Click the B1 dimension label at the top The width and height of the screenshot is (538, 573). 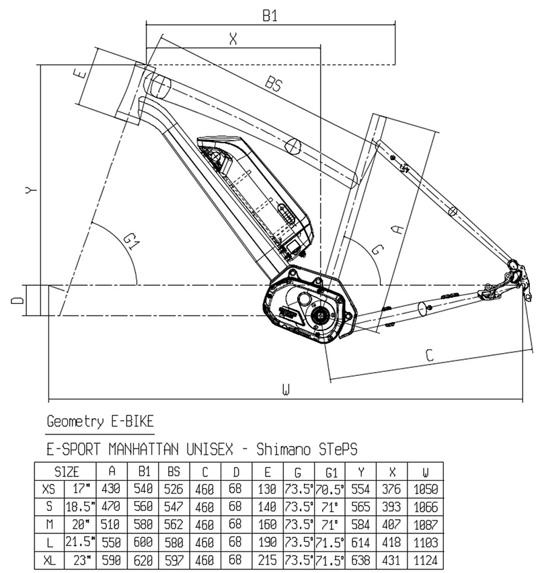pyautogui.click(x=269, y=15)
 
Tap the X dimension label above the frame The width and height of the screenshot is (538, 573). pyautogui.click(x=233, y=39)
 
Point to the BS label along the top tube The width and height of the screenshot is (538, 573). pyautogui.click(x=273, y=84)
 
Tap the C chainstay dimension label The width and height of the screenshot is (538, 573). pyautogui.click(x=428, y=356)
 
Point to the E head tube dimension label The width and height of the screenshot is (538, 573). pyautogui.click(x=81, y=73)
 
